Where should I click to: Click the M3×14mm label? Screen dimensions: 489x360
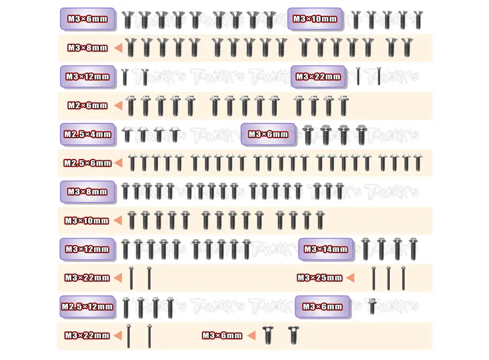(326, 249)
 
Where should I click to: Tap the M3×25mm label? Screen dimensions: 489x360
(320, 277)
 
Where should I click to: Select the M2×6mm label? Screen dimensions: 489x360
(87, 106)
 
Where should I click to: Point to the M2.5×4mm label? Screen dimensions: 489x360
(87, 134)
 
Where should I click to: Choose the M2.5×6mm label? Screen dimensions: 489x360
(87, 163)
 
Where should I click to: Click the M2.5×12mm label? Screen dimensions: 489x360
(87, 307)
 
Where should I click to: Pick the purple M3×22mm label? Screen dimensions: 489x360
(318, 77)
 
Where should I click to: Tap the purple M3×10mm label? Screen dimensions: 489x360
(315, 19)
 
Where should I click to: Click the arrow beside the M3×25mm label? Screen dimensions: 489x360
(350, 277)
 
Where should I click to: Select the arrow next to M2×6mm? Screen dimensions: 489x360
(118, 106)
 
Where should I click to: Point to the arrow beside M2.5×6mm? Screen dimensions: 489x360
(118, 163)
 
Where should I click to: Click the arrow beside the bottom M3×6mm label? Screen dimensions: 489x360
(251, 336)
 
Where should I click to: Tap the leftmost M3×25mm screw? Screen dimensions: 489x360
(373, 278)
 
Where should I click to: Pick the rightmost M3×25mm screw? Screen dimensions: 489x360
(403, 278)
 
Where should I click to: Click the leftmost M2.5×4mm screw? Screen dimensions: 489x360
(127, 134)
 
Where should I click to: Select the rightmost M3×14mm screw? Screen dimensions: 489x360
(413, 249)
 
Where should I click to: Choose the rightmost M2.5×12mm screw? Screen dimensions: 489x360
(170, 307)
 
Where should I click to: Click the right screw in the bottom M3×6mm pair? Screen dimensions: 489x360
(293, 335)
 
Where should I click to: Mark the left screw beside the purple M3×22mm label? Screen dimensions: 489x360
(358, 76)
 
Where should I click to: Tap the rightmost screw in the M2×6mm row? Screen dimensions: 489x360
(344, 106)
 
